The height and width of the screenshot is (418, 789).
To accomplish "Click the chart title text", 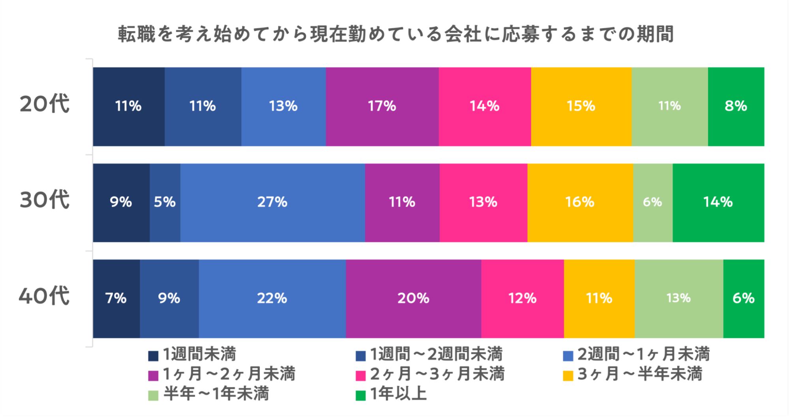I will (x=396, y=34).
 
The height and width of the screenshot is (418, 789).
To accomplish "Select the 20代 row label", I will (x=45, y=104).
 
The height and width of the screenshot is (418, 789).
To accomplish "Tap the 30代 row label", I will (x=45, y=200).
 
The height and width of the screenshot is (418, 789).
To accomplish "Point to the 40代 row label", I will (x=44, y=296).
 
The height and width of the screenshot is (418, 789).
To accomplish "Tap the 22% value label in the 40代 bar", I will (x=272, y=298).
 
